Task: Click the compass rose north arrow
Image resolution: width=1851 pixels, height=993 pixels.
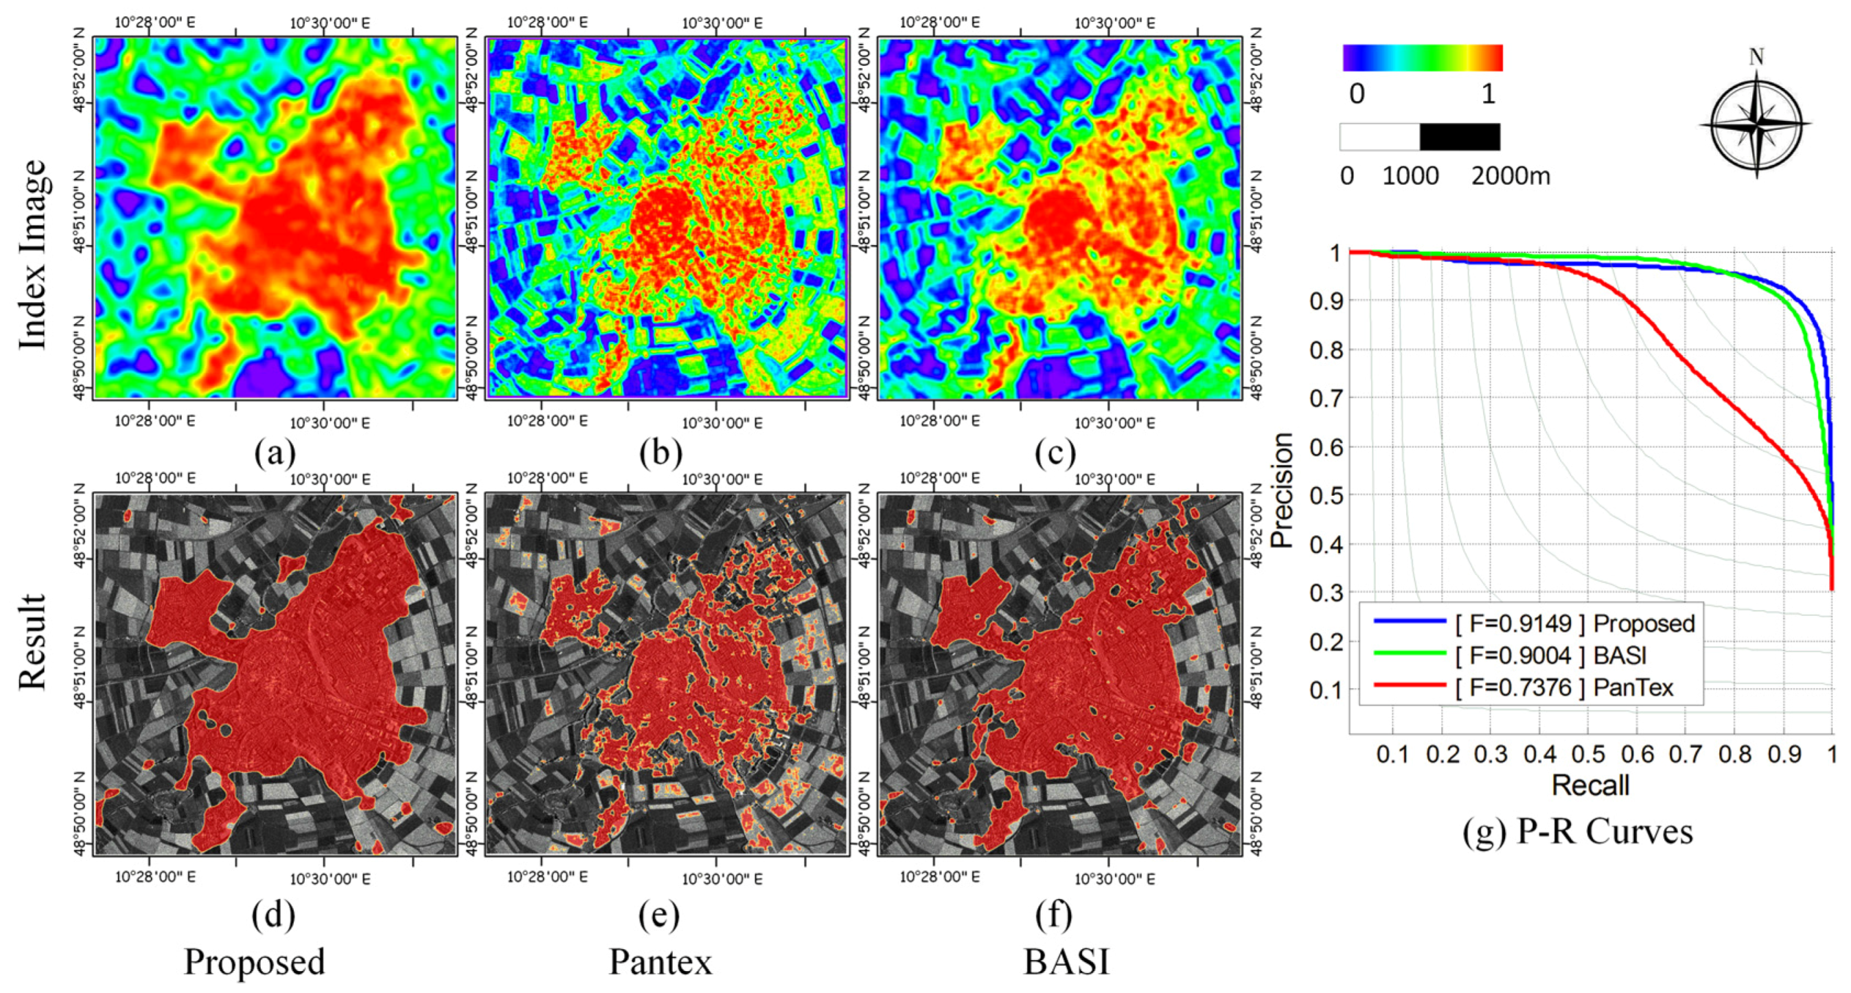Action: point(1756,119)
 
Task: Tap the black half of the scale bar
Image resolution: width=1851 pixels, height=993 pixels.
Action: point(1460,137)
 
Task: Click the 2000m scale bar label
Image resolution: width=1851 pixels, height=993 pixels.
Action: point(1510,176)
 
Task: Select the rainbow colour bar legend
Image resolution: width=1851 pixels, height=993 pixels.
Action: point(1422,58)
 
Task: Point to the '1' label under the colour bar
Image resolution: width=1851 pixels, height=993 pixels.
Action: point(1488,94)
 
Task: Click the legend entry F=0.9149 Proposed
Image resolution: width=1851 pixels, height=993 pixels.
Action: point(1574,623)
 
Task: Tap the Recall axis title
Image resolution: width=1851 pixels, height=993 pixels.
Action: point(1589,786)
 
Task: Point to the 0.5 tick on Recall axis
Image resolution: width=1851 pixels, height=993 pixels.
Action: point(1588,755)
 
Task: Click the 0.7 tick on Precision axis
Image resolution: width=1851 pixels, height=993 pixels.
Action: point(1325,398)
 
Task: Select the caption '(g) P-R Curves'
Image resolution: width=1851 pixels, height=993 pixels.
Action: point(1577,832)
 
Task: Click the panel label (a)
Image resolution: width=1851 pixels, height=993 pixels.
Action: point(275,453)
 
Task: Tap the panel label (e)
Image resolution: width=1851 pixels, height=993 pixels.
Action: point(659,915)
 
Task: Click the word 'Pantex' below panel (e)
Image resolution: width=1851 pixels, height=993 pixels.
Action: point(660,961)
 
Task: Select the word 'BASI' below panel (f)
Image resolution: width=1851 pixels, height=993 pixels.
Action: point(1066,961)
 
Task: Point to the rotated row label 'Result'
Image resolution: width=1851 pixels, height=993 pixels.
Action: point(33,641)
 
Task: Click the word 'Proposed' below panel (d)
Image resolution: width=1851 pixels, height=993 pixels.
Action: point(254,961)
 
